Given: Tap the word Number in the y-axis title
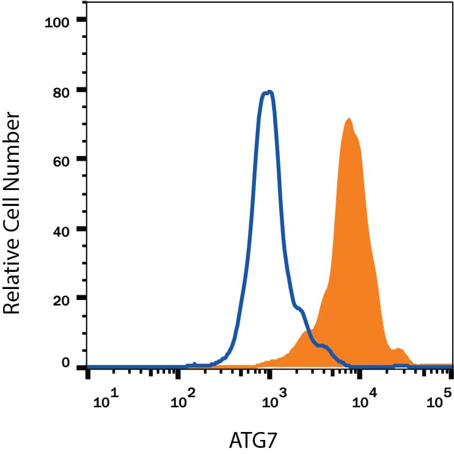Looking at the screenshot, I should (x=14, y=140).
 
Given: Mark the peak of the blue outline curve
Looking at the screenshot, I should (x=267, y=92).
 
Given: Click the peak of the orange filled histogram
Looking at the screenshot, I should (x=349, y=119).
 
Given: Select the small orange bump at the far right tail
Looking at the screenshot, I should (x=398, y=350).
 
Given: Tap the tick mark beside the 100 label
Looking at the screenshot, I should (x=81, y=20).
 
